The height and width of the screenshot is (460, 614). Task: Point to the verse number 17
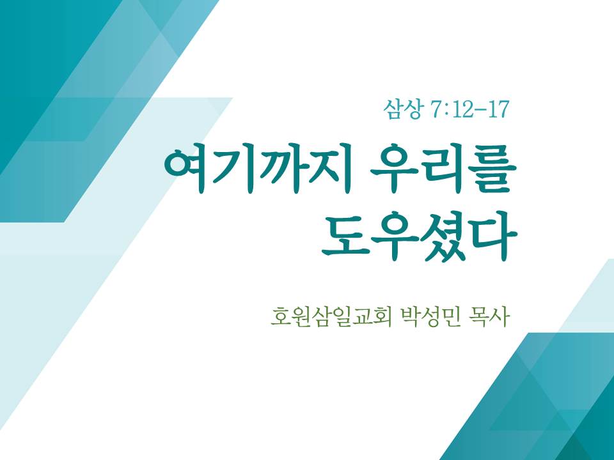(497, 110)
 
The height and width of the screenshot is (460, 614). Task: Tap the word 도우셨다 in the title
(420, 237)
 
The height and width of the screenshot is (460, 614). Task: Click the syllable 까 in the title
(278, 171)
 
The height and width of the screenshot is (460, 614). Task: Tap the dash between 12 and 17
(478, 111)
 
